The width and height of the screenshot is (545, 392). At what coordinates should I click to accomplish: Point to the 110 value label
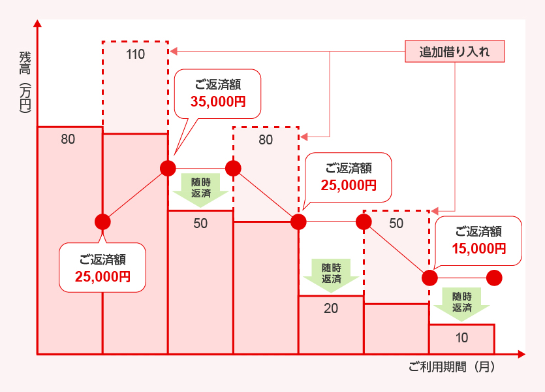(x=135, y=55)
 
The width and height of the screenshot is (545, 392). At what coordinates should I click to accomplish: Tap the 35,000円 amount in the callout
(x=218, y=101)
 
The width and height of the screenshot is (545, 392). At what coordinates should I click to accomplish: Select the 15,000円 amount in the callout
(x=478, y=248)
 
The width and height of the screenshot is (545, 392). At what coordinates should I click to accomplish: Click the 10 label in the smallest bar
(x=461, y=338)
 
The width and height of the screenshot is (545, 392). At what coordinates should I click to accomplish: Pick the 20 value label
(x=331, y=308)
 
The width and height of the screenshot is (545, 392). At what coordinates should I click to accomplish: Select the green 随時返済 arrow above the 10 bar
(x=461, y=302)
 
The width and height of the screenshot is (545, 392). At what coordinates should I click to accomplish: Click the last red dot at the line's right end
(x=494, y=278)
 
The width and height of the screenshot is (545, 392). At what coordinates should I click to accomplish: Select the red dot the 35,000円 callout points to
(x=168, y=168)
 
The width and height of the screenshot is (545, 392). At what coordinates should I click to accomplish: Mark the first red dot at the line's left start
(x=102, y=221)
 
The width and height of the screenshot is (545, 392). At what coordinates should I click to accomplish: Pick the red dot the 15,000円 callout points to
(x=429, y=278)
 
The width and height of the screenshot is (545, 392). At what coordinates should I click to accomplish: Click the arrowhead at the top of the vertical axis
(x=38, y=24)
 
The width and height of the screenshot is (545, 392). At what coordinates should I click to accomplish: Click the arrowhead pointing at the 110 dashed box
(x=173, y=50)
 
